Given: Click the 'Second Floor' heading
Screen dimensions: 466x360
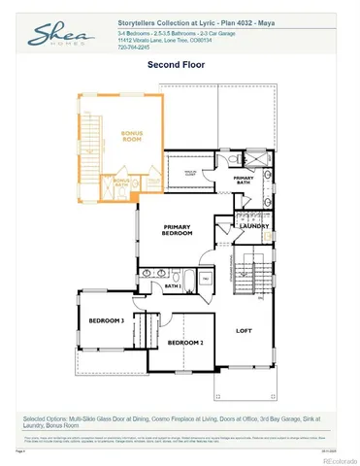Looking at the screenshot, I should [180, 65].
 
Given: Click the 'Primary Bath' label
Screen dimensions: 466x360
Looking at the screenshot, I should [244, 179].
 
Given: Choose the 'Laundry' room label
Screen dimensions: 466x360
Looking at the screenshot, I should [254, 225].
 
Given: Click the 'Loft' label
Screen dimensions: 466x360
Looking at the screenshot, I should [244, 330].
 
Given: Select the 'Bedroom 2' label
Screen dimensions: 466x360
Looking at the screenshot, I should [184, 343].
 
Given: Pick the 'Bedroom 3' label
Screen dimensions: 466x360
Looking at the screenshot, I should [107, 320].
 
